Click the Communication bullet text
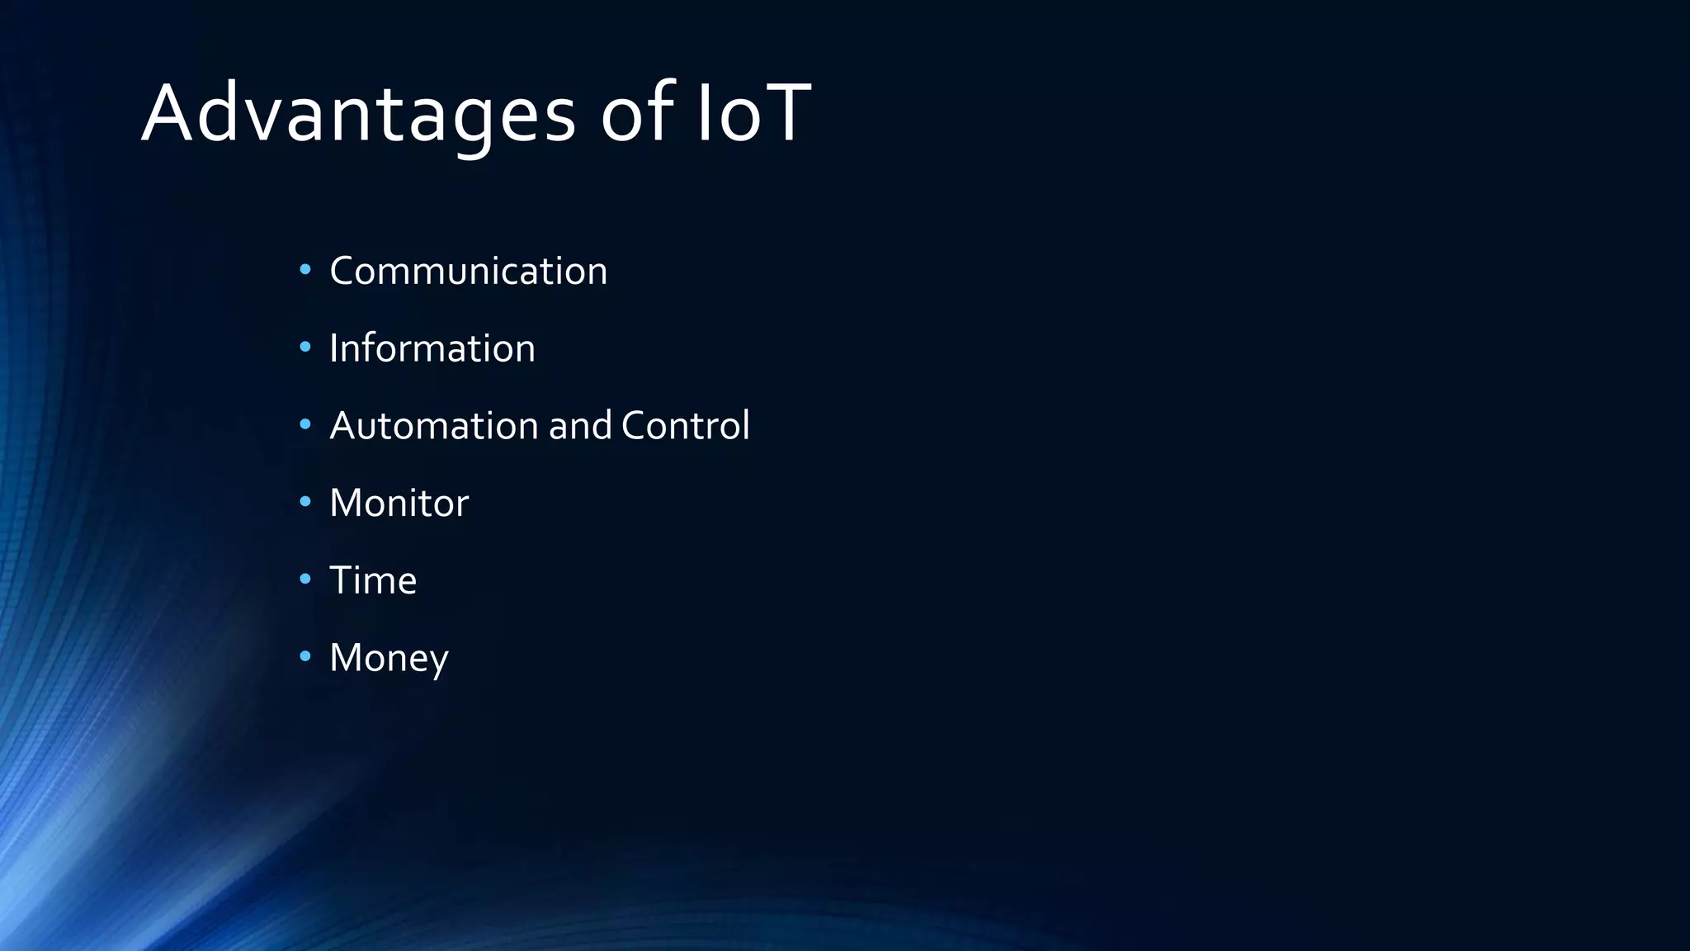tap(468, 271)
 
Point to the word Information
tap(432, 348)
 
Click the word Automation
tap(434, 426)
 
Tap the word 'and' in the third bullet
tap(580, 426)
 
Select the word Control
tap(685, 426)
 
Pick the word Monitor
tap(399, 504)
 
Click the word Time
tap(373, 580)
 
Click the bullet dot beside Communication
tap(305, 269)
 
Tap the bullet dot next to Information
tap(305, 347)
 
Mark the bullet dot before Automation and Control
tap(305, 424)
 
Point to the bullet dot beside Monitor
tap(305, 501)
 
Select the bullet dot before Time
tap(305, 579)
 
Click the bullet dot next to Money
tap(305, 656)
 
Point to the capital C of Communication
tap(343, 271)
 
